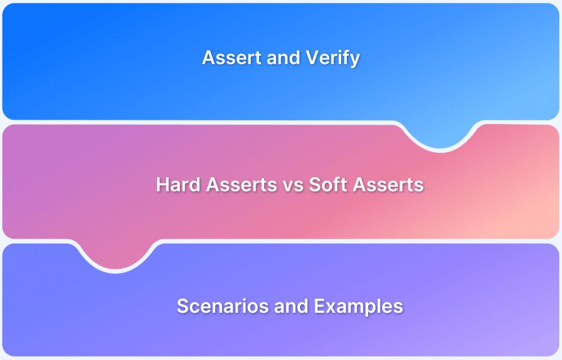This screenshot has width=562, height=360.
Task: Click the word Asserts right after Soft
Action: [x=391, y=184]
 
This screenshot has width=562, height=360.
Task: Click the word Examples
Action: [x=359, y=307]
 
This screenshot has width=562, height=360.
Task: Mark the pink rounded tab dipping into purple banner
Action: [x=116, y=256]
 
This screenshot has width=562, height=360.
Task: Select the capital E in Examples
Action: [x=320, y=307]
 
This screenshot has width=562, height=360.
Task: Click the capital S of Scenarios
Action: [x=183, y=307]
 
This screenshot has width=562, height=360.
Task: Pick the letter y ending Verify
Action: [x=355, y=60]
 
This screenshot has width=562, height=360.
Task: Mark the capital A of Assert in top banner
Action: [x=208, y=58]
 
